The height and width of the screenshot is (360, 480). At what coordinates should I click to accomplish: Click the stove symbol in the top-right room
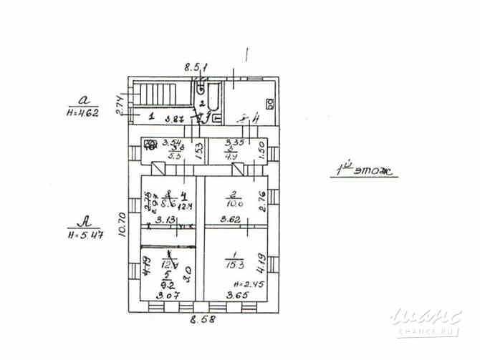[270, 103]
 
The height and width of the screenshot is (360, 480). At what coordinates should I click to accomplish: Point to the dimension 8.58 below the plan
[201, 320]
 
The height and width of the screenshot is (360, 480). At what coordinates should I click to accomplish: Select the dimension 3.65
[236, 294]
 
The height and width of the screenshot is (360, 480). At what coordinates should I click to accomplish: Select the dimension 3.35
[236, 142]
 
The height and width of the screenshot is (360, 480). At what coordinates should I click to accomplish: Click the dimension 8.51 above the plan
[196, 67]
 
